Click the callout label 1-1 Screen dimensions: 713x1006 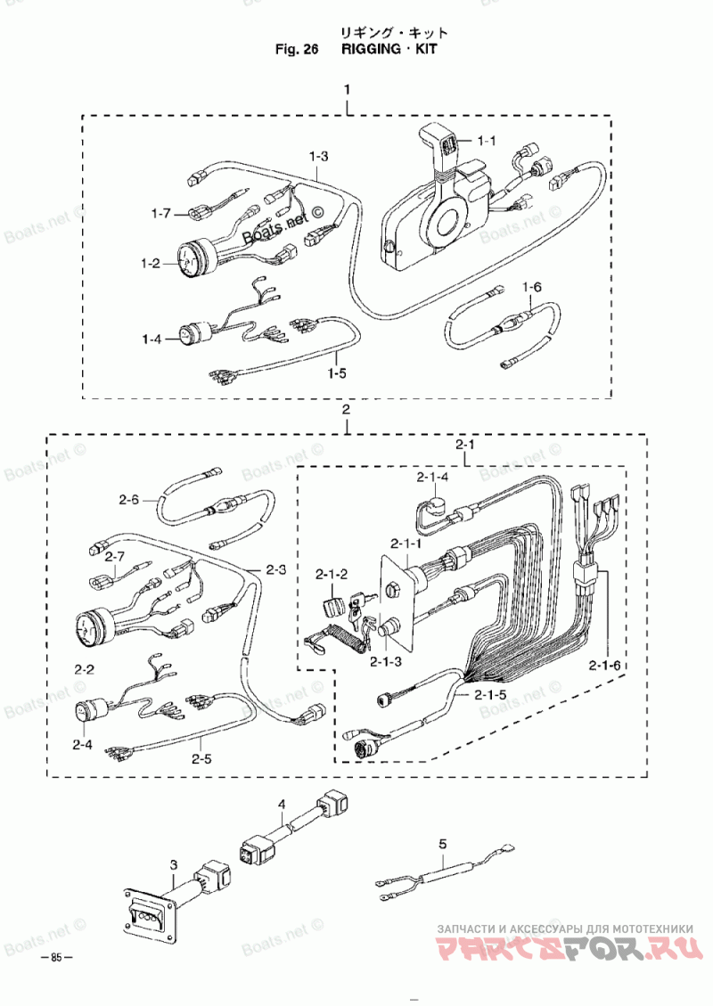[488, 140]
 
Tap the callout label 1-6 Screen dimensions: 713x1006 [532, 287]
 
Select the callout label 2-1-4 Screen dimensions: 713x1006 [432, 477]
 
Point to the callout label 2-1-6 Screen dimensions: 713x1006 [604, 666]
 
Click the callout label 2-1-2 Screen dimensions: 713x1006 [332, 574]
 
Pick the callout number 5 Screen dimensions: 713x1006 [442, 845]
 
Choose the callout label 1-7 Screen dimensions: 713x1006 [161, 212]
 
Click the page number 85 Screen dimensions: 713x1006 [56, 957]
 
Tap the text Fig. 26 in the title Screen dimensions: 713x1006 [297, 49]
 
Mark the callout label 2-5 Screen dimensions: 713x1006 [201, 759]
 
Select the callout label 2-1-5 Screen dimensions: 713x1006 [490, 694]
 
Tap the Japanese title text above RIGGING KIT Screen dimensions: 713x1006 [393, 33]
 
